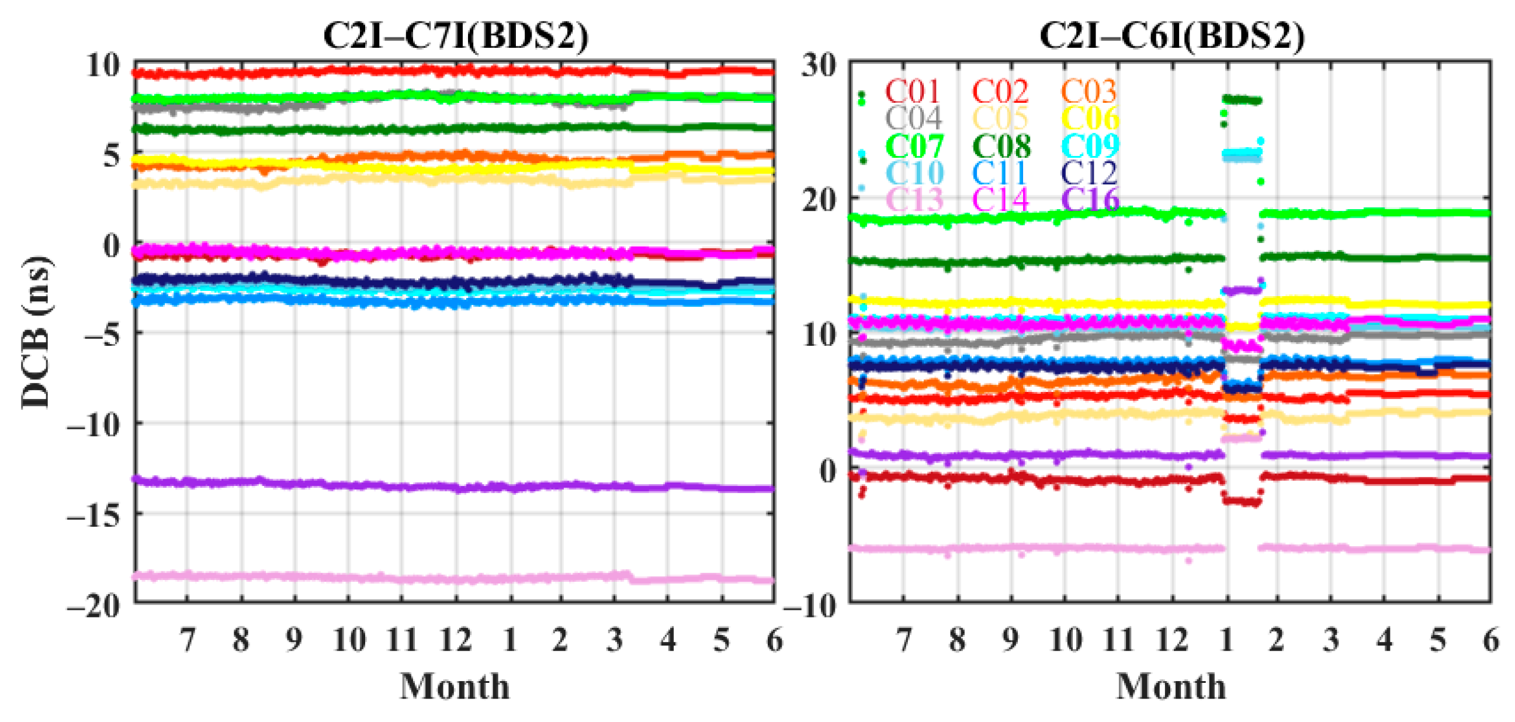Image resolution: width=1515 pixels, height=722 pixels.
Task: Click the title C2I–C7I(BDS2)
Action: point(456,36)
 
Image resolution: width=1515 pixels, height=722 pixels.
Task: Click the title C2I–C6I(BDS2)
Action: point(1171,36)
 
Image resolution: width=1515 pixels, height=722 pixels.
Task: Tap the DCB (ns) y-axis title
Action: point(36,332)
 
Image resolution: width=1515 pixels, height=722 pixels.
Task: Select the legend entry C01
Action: point(912,92)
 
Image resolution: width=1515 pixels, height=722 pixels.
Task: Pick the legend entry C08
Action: point(1001,146)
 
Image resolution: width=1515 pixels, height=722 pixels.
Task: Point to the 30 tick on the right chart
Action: point(819,65)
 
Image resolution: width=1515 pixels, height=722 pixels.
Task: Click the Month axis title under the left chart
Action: point(455,687)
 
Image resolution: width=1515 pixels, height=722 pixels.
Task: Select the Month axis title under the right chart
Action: point(1170,687)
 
